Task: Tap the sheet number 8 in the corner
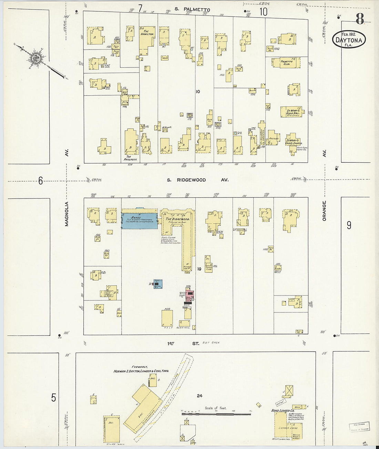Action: point(359,19)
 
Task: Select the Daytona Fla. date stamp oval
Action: point(349,39)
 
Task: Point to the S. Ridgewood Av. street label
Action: point(198,180)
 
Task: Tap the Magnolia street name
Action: point(67,214)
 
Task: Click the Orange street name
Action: point(324,211)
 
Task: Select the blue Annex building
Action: point(140,219)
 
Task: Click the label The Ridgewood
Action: point(178,219)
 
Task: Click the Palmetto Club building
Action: point(286,63)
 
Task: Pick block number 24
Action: point(199,396)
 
